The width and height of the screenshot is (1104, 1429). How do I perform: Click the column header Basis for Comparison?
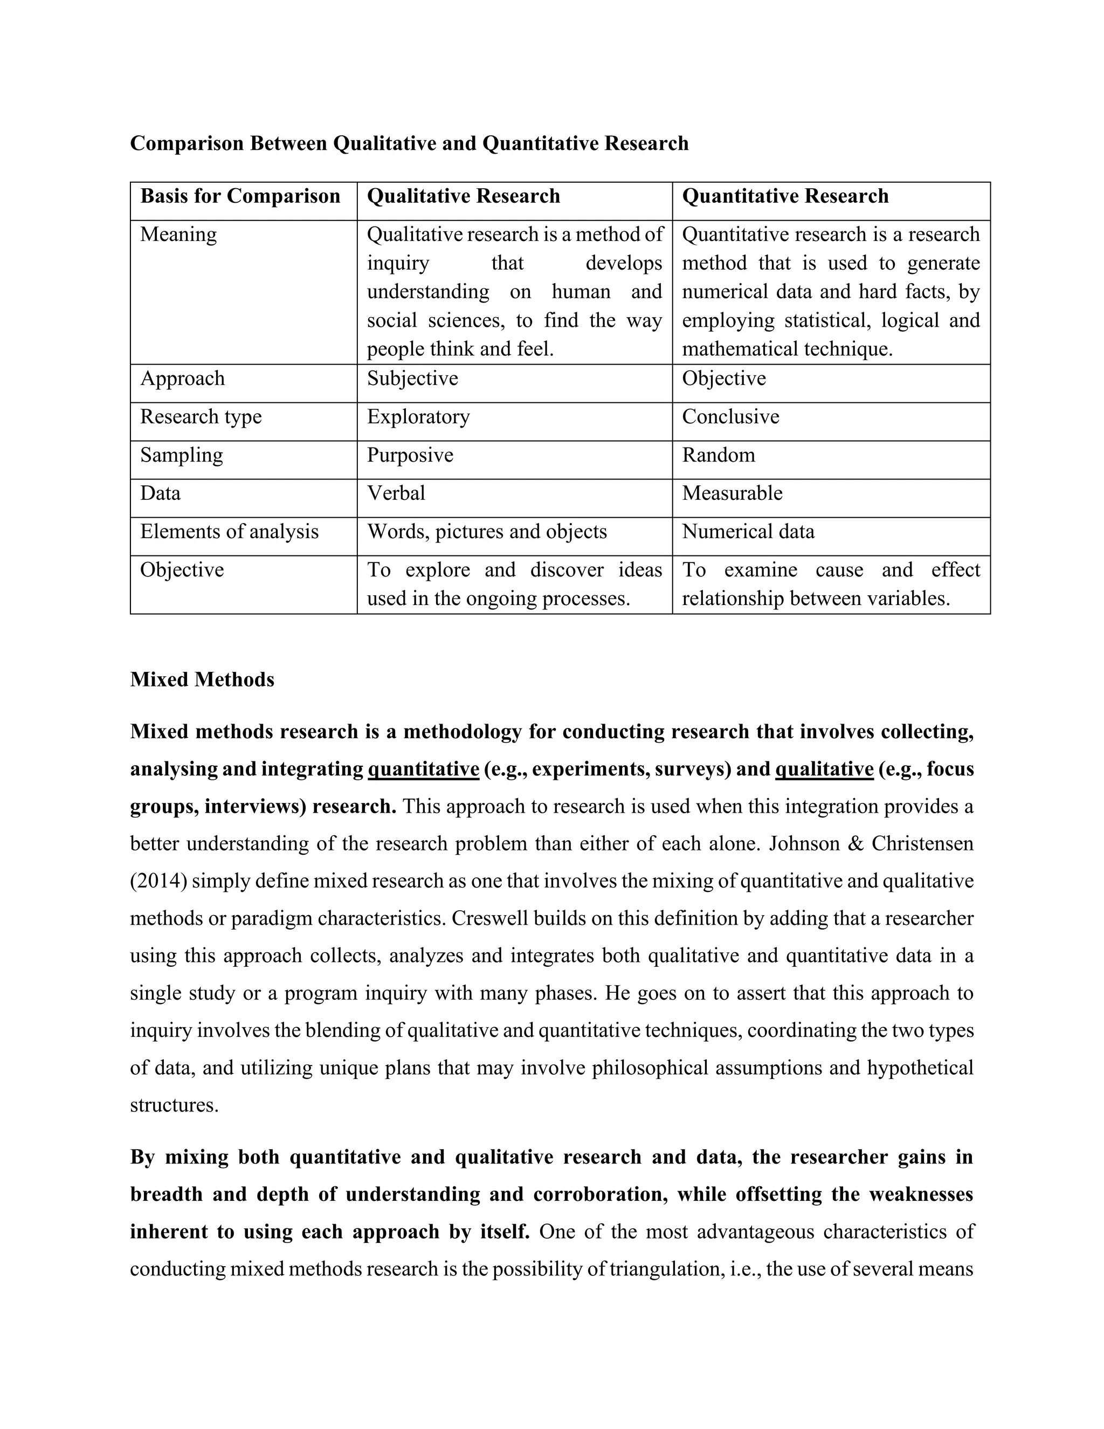tap(240, 196)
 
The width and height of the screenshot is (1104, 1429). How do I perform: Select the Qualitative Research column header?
tap(463, 196)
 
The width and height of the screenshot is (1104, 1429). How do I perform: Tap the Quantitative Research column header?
tap(785, 196)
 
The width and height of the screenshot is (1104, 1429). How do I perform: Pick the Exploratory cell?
tap(418, 417)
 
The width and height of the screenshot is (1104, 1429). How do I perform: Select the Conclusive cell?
tap(730, 417)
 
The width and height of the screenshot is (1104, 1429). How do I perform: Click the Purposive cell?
tap(410, 455)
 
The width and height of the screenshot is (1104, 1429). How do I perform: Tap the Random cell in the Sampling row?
tap(718, 455)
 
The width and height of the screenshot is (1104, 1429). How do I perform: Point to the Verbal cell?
tap(396, 493)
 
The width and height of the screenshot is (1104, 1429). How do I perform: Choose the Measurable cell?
tap(732, 493)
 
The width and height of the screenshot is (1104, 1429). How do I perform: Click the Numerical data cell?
tap(748, 531)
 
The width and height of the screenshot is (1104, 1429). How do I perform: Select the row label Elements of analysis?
tap(229, 531)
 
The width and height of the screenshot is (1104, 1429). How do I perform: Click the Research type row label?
tap(201, 417)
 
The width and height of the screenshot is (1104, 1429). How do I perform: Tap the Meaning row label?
tap(178, 234)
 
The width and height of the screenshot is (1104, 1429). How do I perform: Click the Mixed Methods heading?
tap(202, 680)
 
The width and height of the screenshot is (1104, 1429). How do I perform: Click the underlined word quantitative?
tap(423, 769)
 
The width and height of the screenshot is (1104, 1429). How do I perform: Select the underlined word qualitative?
tap(824, 769)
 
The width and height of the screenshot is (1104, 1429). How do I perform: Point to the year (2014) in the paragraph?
tap(159, 881)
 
